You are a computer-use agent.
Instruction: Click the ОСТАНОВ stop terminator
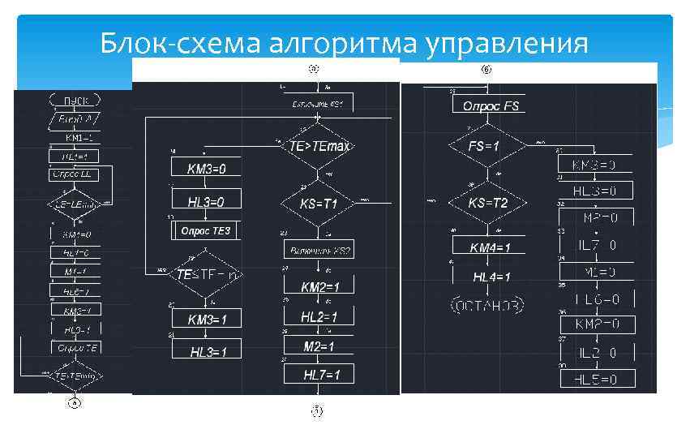[486, 305]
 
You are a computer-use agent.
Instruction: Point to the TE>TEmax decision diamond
[319, 146]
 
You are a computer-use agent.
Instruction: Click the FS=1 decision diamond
[485, 147]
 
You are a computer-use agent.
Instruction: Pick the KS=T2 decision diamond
[488, 203]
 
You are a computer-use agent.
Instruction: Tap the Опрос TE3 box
[206, 231]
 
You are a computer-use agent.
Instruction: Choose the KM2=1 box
[319, 286]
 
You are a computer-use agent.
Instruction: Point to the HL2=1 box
[319, 316]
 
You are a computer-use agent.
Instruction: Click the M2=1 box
[319, 346]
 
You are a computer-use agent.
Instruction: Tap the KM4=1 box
[491, 247]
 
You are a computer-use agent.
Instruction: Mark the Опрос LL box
[71, 174]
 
